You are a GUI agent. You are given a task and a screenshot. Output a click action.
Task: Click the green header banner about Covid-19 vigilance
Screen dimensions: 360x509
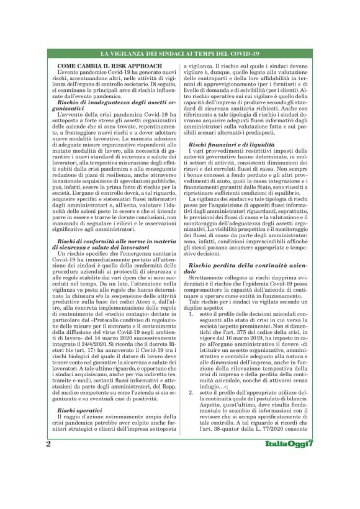tap(180, 55)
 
